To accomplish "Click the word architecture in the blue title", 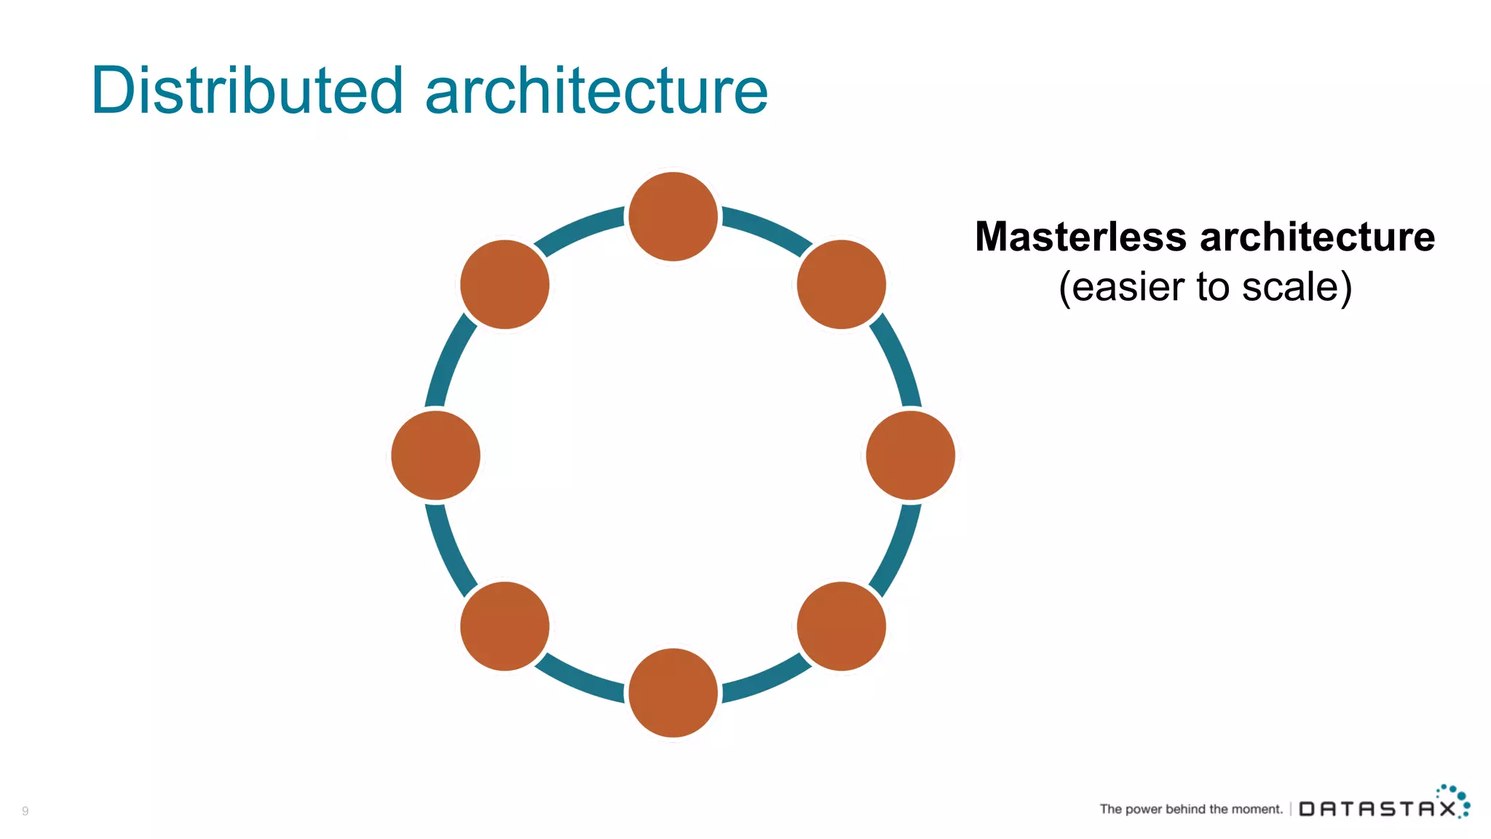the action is pyautogui.click(x=596, y=92).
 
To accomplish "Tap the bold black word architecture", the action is pyautogui.click(x=1317, y=237).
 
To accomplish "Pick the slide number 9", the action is pyautogui.click(x=25, y=811).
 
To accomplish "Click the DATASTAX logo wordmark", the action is pyautogui.click(x=1377, y=808).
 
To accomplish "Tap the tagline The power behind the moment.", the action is pyautogui.click(x=1191, y=809).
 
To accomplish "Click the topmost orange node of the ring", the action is pyautogui.click(x=673, y=216).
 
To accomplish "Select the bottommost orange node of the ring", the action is pyautogui.click(x=673, y=693).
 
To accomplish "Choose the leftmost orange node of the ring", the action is pyautogui.click(x=435, y=455).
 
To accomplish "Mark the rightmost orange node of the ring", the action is pyautogui.click(x=910, y=455).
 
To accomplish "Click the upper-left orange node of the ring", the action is pyautogui.click(x=505, y=284).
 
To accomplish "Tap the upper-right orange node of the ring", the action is pyautogui.click(x=841, y=284).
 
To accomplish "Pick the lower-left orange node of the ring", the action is pyautogui.click(x=505, y=626).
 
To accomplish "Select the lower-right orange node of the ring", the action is pyautogui.click(x=841, y=626).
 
